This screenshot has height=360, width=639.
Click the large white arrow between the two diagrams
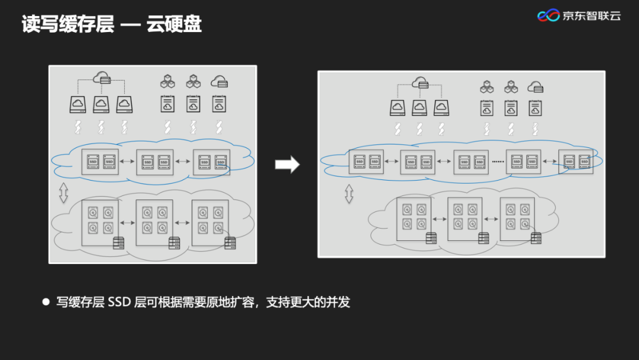(x=288, y=165)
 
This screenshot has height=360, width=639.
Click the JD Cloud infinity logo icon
(x=548, y=16)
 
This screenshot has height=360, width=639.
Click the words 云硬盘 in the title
(x=175, y=24)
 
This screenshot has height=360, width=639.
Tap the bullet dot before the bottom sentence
(x=46, y=301)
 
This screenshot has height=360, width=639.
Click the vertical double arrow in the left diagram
(x=63, y=192)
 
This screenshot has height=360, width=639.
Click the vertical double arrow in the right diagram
(x=349, y=194)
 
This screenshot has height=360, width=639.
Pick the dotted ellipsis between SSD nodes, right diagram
(x=497, y=162)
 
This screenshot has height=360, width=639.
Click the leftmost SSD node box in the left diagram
(x=100, y=162)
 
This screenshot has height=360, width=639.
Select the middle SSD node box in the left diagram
(x=155, y=162)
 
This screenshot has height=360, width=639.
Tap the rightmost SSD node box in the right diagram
(x=576, y=161)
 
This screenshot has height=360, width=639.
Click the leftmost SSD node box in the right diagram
(x=366, y=161)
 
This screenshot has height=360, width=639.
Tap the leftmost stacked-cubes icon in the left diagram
(x=167, y=81)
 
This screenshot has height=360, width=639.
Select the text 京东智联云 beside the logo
(x=592, y=16)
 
